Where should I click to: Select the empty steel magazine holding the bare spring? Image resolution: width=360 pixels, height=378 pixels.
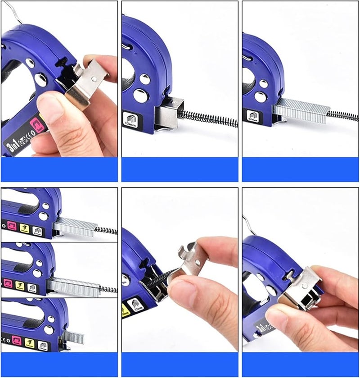click(169, 113)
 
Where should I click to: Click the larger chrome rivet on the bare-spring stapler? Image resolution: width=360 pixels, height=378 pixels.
click(139, 95)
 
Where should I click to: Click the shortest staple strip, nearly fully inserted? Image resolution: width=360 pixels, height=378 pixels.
click(73, 337)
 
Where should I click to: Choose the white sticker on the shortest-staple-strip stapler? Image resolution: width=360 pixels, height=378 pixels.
click(43, 346)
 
